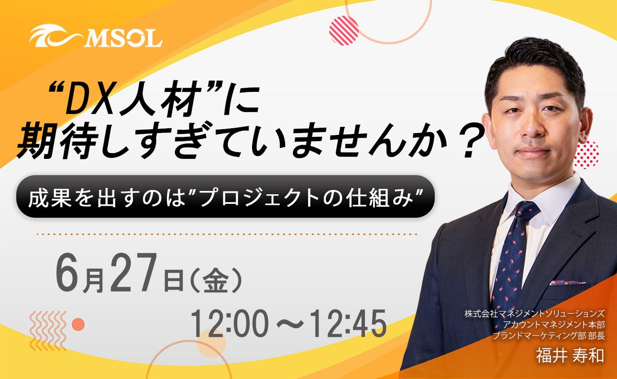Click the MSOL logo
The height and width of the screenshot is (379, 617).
(96, 37)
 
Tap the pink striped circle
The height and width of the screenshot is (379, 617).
(344, 30)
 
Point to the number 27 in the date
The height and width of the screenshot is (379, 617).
(133, 272)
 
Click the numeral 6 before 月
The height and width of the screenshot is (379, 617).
(68, 272)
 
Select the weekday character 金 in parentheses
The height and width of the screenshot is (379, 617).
(216, 280)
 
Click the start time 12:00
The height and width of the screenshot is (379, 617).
(229, 323)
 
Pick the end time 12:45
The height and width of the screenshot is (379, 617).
(349, 323)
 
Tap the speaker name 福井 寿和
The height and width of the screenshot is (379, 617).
(570, 356)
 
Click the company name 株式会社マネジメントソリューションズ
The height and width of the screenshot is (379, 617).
(534, 313)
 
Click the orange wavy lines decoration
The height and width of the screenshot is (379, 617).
(48, 331)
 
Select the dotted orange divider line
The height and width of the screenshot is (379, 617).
(227, 234)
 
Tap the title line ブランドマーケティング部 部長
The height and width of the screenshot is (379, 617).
(549, 336)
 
